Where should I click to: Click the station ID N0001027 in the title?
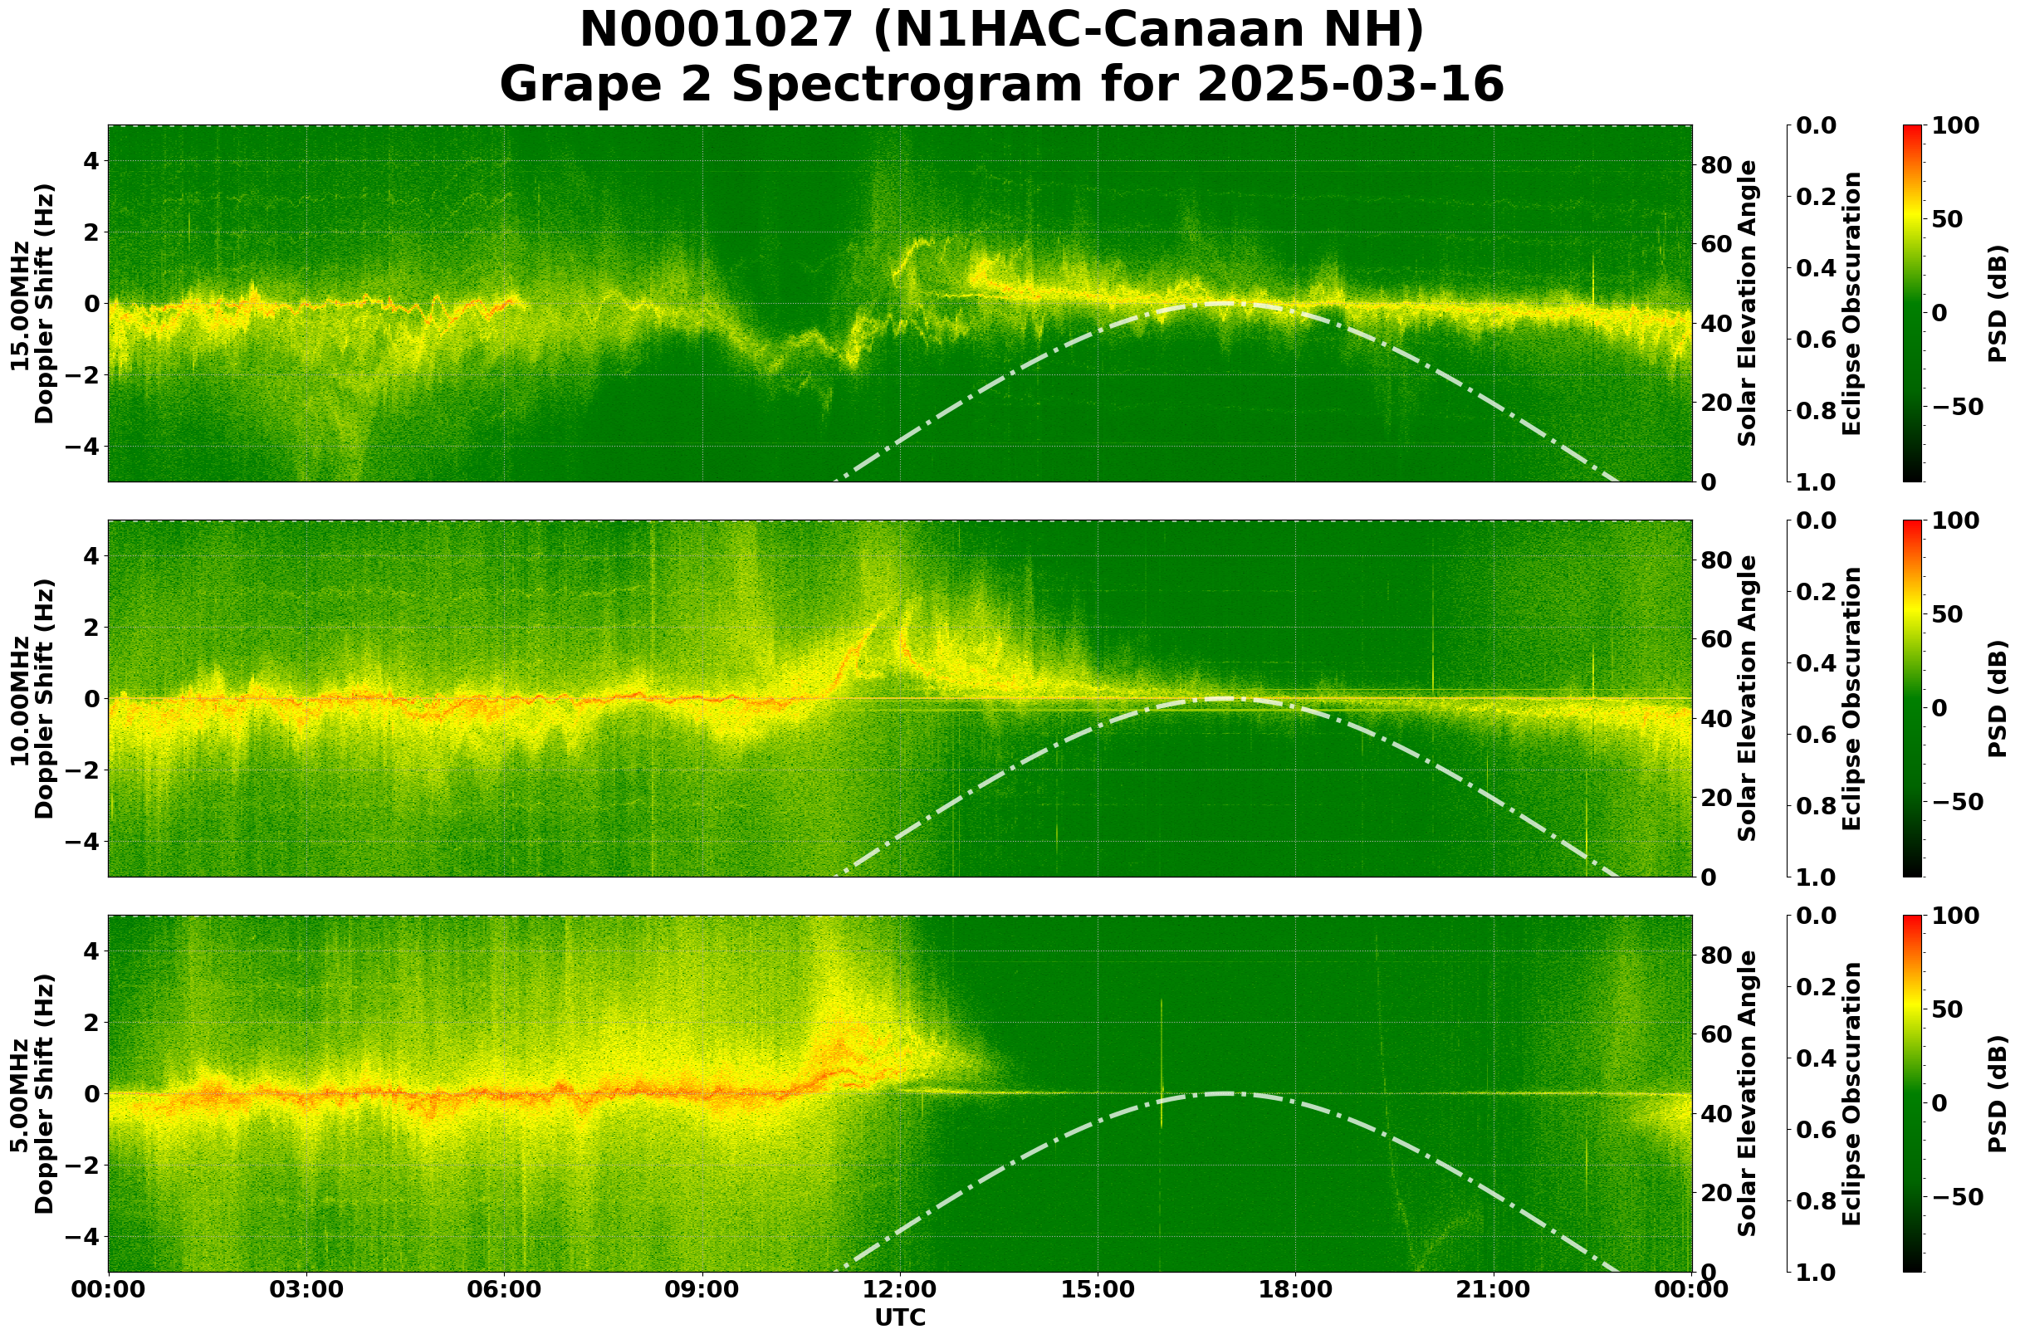(x=715, y=31)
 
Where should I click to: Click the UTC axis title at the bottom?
(x=899, y=1317)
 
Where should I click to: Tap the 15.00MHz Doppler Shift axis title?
(x=32, y=304)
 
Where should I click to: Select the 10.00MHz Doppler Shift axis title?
(x=32, y=698)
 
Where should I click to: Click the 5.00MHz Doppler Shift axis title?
(x=32, y=1094)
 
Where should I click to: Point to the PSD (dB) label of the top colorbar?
(x=1997, y=304)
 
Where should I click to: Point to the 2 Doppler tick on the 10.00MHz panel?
(x=89, y=628)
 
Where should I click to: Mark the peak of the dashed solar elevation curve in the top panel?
(x=1221, y=303)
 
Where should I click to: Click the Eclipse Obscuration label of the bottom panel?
(x=1851, y=1094)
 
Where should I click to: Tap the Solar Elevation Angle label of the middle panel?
(x=1748, y=698)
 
